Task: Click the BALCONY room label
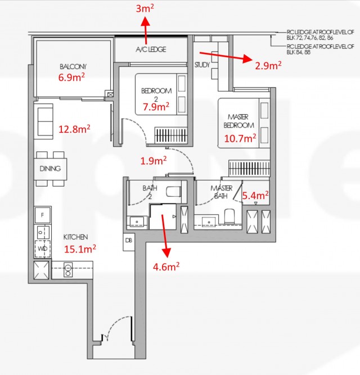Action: (x=73, y=66)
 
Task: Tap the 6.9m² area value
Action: (x=71, y=77)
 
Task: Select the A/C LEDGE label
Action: (x=151, y=49)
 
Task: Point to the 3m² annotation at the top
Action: (x=145, y=8)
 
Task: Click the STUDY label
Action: (x=202, y=65)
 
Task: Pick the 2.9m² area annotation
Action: (x=268, y=65)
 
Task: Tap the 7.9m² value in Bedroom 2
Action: (x=156, y=106)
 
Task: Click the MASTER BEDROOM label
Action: (x=238, y=121)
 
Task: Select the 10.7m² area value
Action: (x=240, y=138)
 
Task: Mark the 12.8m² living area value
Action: (x=74, y=129)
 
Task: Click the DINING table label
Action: (x=50, y=168)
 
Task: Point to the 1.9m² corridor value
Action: (x=154, y=160)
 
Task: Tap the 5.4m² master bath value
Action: (x=255, y=196)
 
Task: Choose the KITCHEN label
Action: (x=75, y=237)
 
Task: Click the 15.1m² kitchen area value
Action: (x=80, y=249)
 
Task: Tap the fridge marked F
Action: (x=42, y=215)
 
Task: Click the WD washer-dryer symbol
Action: (x=42, y=249)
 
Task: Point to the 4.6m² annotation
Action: (x=166, y=266)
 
